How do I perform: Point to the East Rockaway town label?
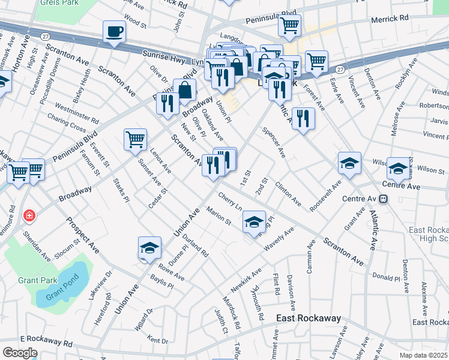(x=309, y=319)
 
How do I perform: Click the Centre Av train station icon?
(x=390, y=198)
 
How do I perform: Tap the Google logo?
(x=19, y=352)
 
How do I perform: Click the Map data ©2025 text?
(x=422, y=355)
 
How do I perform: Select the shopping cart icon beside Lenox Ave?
(x=135, y=139)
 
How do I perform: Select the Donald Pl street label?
(x=385, y=278)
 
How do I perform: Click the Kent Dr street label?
(x=157, y=340)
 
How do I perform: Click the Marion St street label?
(x=218, y=216)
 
